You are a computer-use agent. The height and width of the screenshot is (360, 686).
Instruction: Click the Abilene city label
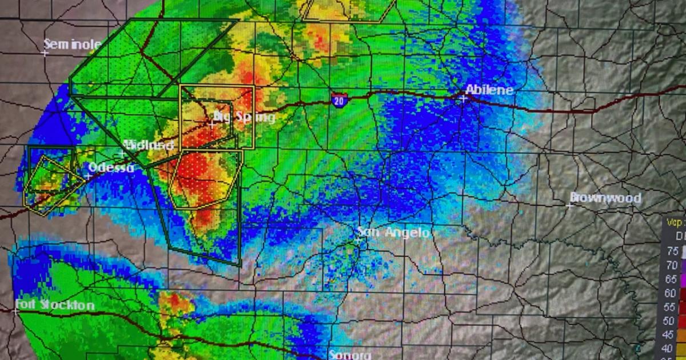point(489,90)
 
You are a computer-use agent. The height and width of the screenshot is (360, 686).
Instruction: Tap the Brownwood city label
point(605,198)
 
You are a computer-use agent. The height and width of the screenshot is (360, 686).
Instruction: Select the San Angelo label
point(393,232)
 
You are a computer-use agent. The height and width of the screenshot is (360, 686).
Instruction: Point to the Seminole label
point(73,44)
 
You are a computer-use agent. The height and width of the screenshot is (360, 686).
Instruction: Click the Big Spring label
point(244,117)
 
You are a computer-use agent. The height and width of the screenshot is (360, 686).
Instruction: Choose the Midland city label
point(149,145)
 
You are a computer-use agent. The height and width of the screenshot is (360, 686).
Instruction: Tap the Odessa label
point(111,167)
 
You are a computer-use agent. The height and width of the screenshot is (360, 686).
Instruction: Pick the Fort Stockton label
point(55,305)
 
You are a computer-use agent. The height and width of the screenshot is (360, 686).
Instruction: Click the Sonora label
point(349,355)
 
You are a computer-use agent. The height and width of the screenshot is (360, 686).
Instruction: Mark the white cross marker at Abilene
point(464,98)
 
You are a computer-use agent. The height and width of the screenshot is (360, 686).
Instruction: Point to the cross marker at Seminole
point(45,53)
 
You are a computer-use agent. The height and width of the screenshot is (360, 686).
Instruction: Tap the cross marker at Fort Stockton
point(15,311)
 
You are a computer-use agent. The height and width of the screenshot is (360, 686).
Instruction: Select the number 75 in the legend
point(672,251)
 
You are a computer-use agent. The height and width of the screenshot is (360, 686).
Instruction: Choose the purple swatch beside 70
point(683,266)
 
